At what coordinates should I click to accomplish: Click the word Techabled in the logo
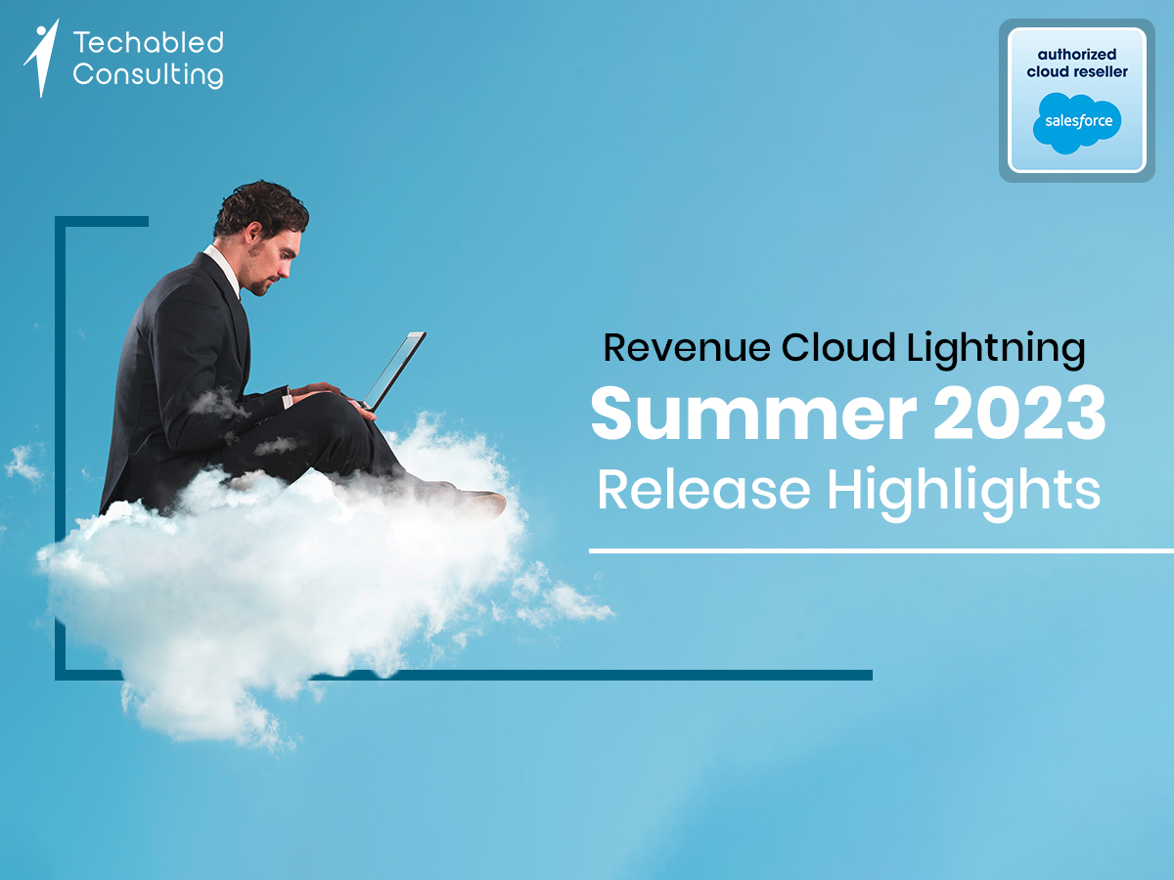click(x=148, y=43)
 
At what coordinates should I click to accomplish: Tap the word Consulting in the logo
click(x=148, y=74)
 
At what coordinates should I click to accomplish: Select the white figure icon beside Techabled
click(x=41, y=58)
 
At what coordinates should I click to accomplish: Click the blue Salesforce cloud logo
click(x=1077, y=122)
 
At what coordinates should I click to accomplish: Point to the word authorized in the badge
click(x=1077, y=55)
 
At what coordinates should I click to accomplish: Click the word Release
click(x=704, y=489)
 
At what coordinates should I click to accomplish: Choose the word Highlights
click(x=964, y=491)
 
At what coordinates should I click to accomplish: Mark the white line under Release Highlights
click(x=880, y=551)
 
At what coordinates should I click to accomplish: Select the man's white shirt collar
click(x=223, y=266)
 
